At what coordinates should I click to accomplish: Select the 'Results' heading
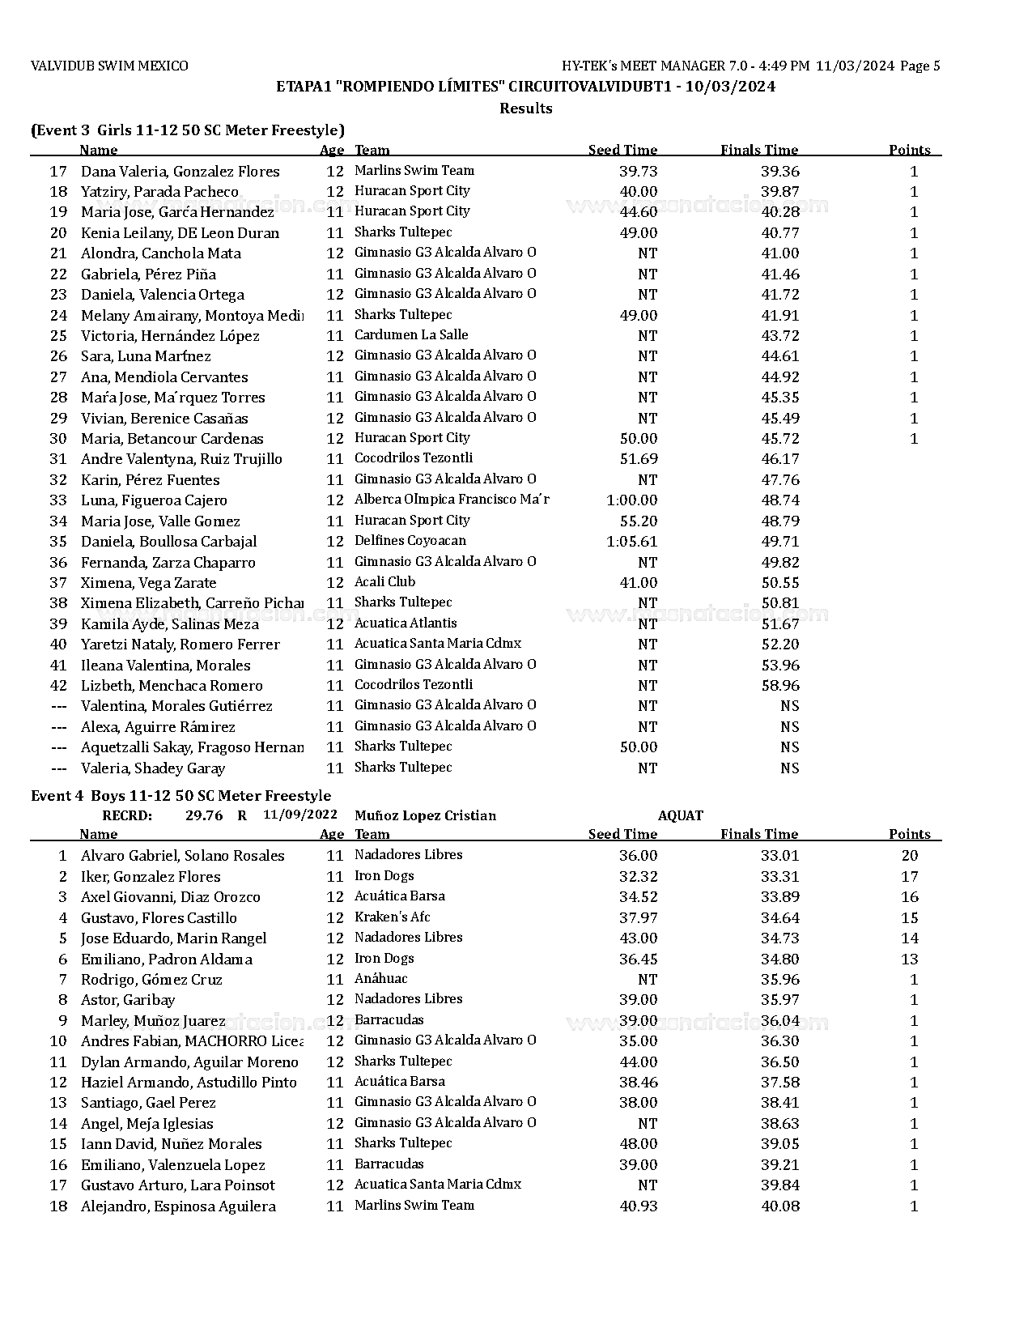pyautogui.click(x=525, y=108)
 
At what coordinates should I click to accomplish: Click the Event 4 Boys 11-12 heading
pyautogui.click(x=180, y=796)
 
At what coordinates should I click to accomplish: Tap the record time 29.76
pyautogui.click(x=204, y=815)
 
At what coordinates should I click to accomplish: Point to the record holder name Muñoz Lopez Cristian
pyautogui.click(x=425, y=815)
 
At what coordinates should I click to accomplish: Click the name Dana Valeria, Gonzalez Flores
pyautogui.click(x=180, y=172)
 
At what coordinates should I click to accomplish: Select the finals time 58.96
pyautogui.click(x=779, y=686)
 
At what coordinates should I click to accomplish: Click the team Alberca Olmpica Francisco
pyautogui.click(x=451, y=500)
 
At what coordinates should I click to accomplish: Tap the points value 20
pyautogui.click(x=910, y=856)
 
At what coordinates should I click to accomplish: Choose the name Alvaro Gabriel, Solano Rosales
pyautogui.click(x=182, y=856)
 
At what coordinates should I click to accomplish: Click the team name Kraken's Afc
pyautogui.click(x=392, y=917)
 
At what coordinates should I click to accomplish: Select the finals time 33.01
pyautogui.click(x=779, y=856)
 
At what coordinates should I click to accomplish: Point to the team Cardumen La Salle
pyautogui.click(x=410, y=335)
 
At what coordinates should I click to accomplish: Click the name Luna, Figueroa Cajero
pyautogui.click(x=154, y=500)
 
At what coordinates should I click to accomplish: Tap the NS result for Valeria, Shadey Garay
pyautogui.click(x=789, y=768)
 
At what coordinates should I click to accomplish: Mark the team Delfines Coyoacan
pyautogui.click(x=410, y=541)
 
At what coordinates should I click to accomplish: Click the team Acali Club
pyautogui.click(x=384, y=582)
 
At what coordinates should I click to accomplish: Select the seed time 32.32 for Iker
pyautogui.click(x=638, y=877)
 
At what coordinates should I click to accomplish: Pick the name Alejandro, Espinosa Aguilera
pyautogui.click(x=178, y=1206)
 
